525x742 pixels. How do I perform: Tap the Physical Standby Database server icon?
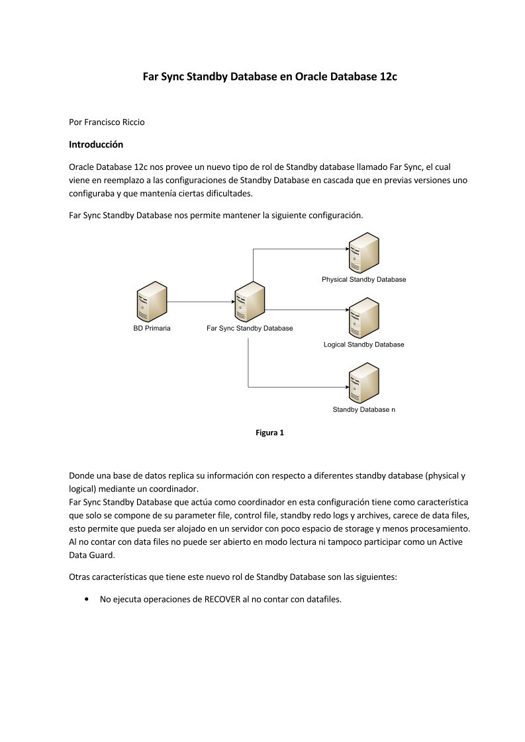pos(364,253)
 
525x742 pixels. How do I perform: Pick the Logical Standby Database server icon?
pos(364,318)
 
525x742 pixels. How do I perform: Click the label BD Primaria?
pos(152,328)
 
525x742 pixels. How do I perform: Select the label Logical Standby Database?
pos(364,345)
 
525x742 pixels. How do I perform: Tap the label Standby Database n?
pos(364,409)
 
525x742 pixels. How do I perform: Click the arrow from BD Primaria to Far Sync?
pos(201,302)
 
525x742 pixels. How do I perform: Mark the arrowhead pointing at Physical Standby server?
pos(346,249)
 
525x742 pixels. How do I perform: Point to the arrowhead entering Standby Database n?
pos(346,387)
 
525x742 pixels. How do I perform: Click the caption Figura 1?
pos(269,433)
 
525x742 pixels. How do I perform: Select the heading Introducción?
pos(96,144)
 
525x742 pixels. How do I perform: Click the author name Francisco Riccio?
pos(114,122)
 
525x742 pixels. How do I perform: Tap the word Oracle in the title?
pos(311,76)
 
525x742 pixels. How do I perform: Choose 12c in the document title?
pos(388,76)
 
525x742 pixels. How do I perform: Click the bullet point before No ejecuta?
pos(86,599)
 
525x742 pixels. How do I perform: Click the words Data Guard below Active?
pos(92,555)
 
